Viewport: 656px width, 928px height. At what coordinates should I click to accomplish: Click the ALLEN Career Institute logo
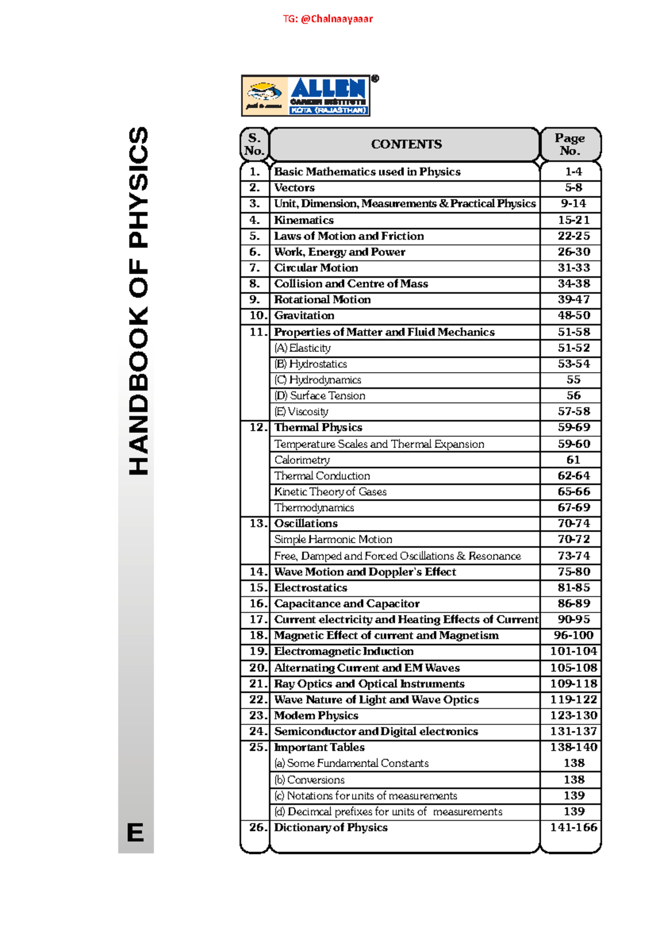306,96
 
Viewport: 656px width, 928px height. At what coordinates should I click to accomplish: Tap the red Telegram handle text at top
327,19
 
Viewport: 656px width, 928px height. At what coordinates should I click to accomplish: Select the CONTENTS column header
406,144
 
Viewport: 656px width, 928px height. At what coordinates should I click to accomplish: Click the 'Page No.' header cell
570,144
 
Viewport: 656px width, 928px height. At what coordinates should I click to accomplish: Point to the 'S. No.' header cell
254,144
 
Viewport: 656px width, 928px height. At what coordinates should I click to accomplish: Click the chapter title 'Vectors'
294,188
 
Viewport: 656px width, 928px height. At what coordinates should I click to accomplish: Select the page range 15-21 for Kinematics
573,220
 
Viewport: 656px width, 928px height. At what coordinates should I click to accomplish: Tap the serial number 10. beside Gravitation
257,316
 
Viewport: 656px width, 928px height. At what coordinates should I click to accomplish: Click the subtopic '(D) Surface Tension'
320,396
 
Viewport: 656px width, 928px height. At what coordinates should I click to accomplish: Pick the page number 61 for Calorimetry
573,460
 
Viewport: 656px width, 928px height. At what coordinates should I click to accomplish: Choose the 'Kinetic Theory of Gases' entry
330,492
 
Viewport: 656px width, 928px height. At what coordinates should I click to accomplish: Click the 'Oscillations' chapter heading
306,524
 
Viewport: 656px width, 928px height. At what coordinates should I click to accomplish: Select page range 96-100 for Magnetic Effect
573,635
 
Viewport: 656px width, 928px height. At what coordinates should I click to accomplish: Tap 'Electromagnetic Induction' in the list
343,651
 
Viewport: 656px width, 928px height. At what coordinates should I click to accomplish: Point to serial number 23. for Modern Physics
257,716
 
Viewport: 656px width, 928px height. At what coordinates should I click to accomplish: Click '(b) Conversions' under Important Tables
309,780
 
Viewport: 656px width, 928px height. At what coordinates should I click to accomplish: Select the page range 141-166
573,827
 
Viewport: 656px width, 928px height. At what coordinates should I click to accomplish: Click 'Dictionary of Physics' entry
331,827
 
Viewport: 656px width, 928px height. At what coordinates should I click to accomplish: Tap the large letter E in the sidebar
136,833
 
